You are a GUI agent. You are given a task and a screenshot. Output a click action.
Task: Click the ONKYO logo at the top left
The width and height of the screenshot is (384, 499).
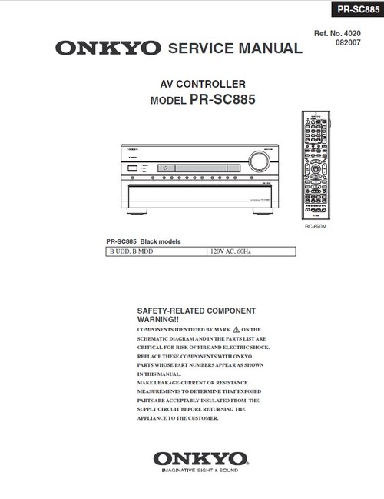click(x=108, y=48)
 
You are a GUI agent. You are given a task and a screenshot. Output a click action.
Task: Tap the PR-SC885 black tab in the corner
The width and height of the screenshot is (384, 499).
click(x=353, y=9)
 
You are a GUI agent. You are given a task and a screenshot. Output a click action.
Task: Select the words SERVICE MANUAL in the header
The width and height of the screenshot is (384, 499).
click(x=235, y=48)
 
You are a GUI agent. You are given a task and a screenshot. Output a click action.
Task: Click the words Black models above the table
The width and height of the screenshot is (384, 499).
click(x=162, y=241)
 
